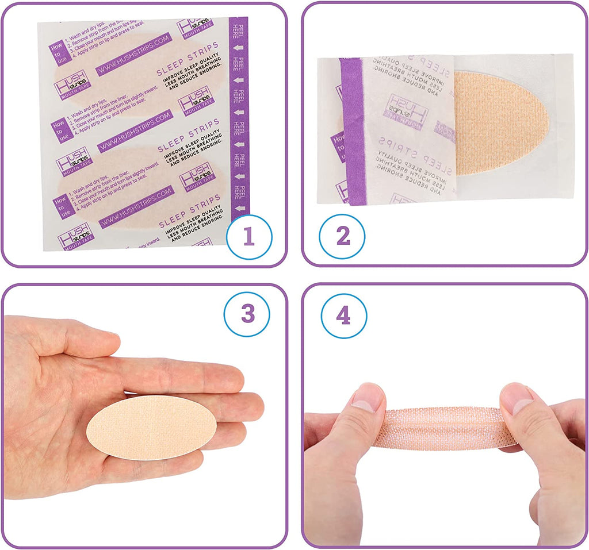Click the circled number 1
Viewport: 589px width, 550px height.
coord(248,237)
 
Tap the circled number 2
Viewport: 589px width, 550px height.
coord(342,237)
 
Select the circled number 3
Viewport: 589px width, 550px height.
coord(247,314)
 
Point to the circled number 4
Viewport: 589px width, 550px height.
coord(343,316)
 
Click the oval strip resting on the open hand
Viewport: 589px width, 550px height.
coord(151,427)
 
